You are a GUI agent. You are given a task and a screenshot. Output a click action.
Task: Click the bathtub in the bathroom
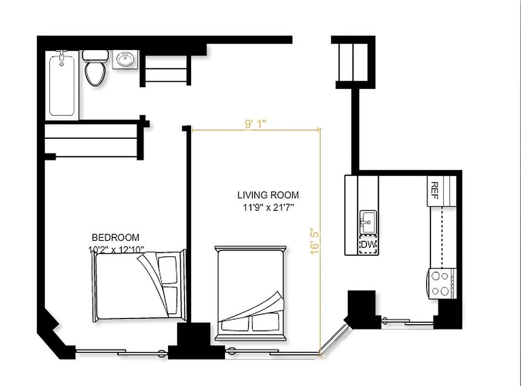click(62, 86)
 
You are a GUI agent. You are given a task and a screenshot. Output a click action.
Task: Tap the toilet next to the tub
click(95, 69)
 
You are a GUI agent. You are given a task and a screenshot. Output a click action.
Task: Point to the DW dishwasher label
click(368, 245)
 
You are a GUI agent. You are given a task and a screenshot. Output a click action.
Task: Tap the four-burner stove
click(441, 284)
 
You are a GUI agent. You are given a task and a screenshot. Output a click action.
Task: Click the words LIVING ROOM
click(268, 195)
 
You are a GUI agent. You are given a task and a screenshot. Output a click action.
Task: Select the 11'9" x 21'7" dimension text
click(268, 208)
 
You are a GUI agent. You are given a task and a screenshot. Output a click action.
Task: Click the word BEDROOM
click(116, 237)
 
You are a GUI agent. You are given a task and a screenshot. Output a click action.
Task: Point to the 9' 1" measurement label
click(255, 124)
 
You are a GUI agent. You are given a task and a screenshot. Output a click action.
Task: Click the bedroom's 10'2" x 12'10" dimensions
click(116, 249)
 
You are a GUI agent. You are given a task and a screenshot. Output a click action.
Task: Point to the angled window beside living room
click(335, 340)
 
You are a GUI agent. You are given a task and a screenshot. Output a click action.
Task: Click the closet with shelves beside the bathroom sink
click(165, 70)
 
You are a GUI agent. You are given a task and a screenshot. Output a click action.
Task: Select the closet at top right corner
click(353, 63)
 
